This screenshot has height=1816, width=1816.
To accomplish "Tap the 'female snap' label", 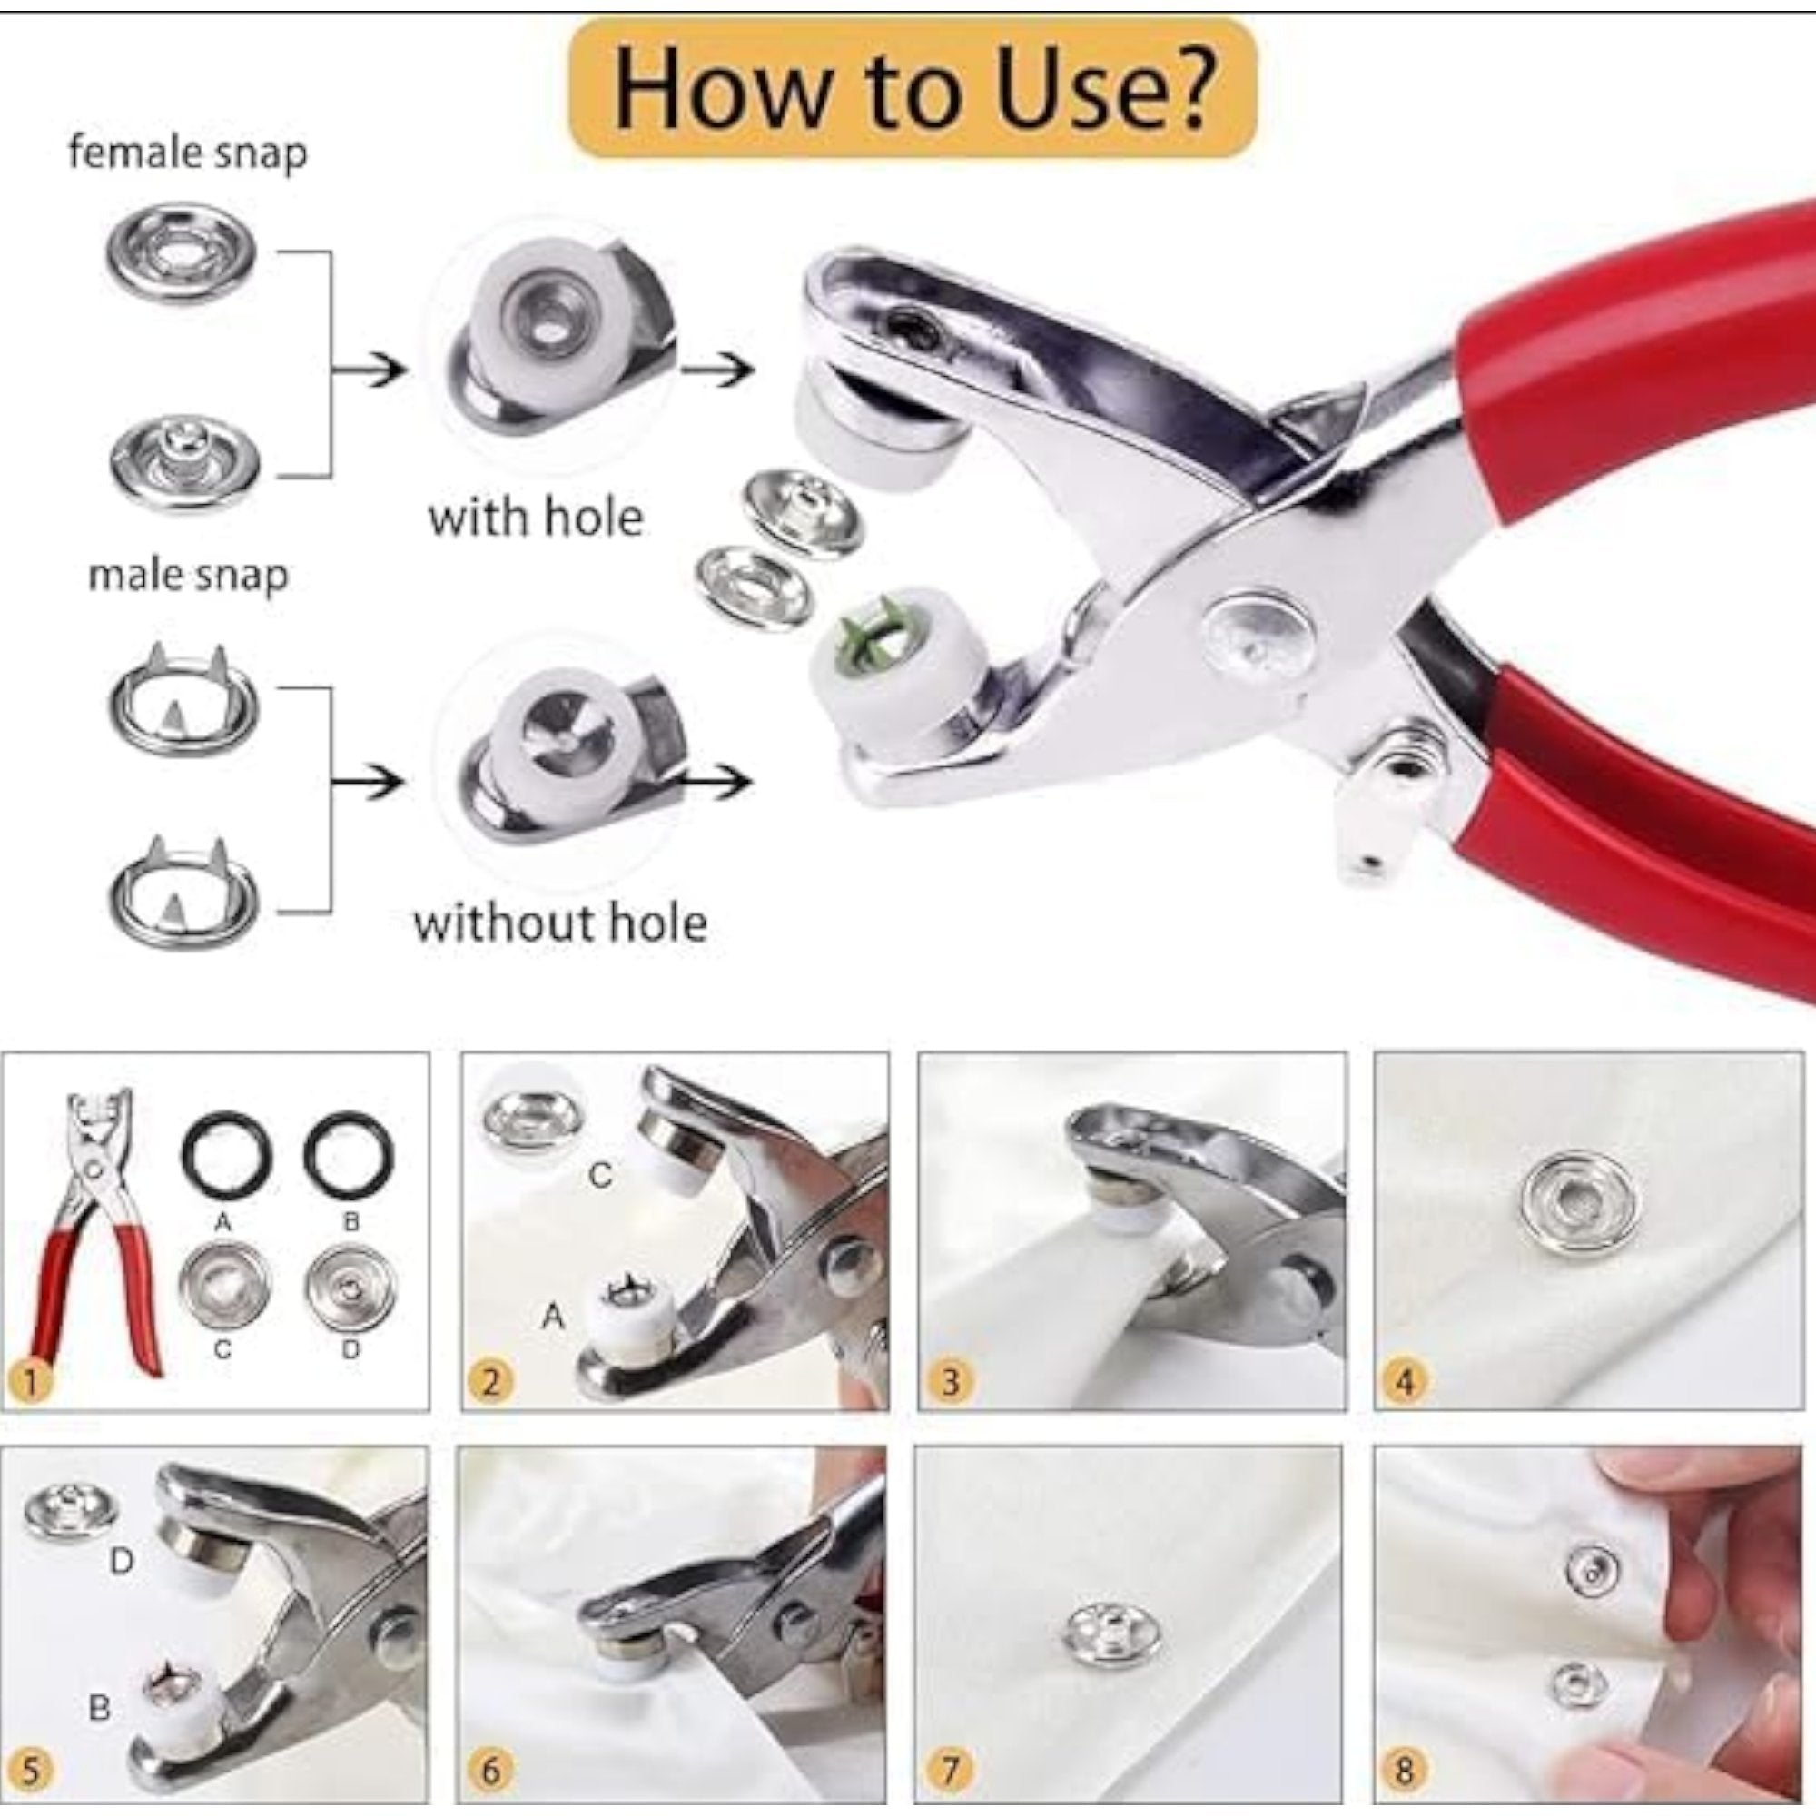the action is pyautogui.click(x=188, y=153).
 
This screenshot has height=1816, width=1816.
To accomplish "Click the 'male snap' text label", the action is pyautogui.click(x=188, y=576).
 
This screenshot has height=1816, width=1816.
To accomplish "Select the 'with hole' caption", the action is pyautogui.click(x=536, y=518).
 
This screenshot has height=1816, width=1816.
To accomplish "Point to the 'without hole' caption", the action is pyautogui.click(x=560, y=923).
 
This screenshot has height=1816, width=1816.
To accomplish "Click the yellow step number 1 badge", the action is pyautogui.click(x=31, y=1382).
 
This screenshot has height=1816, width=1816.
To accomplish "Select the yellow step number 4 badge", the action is pyautogui.click(x=1406, y=1382).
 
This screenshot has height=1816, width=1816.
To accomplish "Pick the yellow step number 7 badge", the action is pyautogui.click(x=950, y=1771).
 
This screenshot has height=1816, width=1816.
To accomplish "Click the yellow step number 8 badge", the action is pyautogui.click(x=1406, y=1771).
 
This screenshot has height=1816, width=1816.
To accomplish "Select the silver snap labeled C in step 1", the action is pyautogui.click(x=223, y=1287).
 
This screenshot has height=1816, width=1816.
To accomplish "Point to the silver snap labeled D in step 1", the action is pyautogui.click(x=350, y=1287).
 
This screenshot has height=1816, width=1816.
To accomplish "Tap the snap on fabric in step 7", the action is pyautogui.click(x=1115, y=1644).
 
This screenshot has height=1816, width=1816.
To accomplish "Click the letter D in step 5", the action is pyautogui.click(x=123, y=1561).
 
